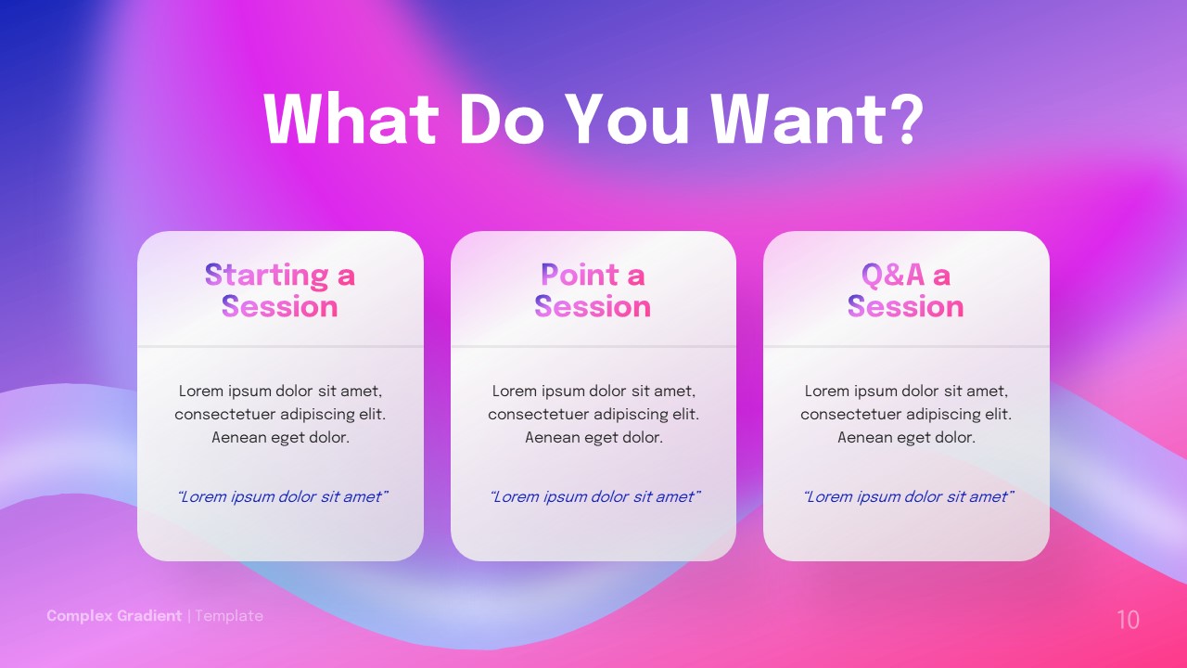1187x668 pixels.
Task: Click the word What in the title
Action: (x=351, y=119)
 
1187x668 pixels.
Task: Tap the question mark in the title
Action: (x=899, y=119)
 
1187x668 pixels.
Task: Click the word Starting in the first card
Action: (x=266, y=275)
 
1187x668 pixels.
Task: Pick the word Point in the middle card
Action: (x=580, y=275)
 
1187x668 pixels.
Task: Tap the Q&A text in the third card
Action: (x=893, y=275)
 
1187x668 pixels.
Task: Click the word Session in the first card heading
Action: (x=280, y=306)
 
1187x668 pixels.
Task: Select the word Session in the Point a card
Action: (x=593, y=306)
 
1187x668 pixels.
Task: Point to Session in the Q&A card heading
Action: (x=906, y=306)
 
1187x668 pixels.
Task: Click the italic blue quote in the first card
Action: (x=281, y=497)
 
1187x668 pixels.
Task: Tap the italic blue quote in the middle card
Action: (x=593, y=497)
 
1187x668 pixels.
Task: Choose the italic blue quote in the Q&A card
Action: (x=907, y=497)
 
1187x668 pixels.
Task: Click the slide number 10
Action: (x=1128, y=620)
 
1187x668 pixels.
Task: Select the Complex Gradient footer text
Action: (x=114, y=616)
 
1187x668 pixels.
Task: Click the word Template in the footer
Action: (x=229, y=616)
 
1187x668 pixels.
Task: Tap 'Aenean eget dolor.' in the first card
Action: (x=280, y=437)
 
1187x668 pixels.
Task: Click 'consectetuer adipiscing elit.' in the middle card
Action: (x=593, y=414)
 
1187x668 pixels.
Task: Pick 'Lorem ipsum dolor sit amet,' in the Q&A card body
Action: (x=906, y=391)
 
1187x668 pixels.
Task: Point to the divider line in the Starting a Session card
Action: (x=280, y=346)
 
